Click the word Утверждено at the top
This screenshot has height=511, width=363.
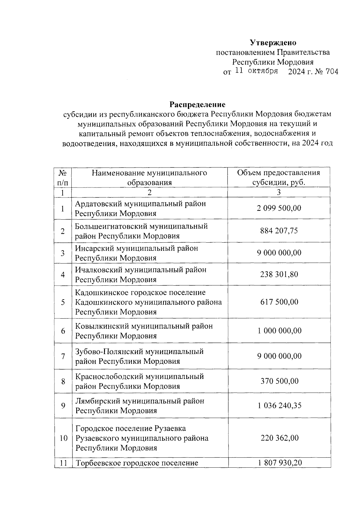tap(273, 43)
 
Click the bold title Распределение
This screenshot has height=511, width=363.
tap(197, 105)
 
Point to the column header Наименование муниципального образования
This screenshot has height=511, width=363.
tap(149, 178)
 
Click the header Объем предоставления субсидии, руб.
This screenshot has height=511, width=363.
tap(279, 178)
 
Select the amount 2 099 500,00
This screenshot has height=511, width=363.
tap(279, 208)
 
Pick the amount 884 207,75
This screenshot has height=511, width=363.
tap(279, 231)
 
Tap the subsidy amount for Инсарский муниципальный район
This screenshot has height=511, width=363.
tap(279, 253)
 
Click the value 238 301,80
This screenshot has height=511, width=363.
tap(279, 274)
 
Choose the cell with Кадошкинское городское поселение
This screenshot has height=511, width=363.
tap(148, 302)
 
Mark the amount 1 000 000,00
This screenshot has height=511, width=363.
tap(279, 330)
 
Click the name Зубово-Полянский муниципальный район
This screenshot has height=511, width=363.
tap(139, 356)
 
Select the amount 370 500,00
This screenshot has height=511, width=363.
tap(279, 381)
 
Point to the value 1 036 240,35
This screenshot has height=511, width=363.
tap(279, 406)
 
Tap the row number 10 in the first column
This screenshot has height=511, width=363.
tap(63, 438)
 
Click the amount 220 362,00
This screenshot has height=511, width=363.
tap(279, 438)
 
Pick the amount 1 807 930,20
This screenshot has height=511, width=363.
tap(279, 463)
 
